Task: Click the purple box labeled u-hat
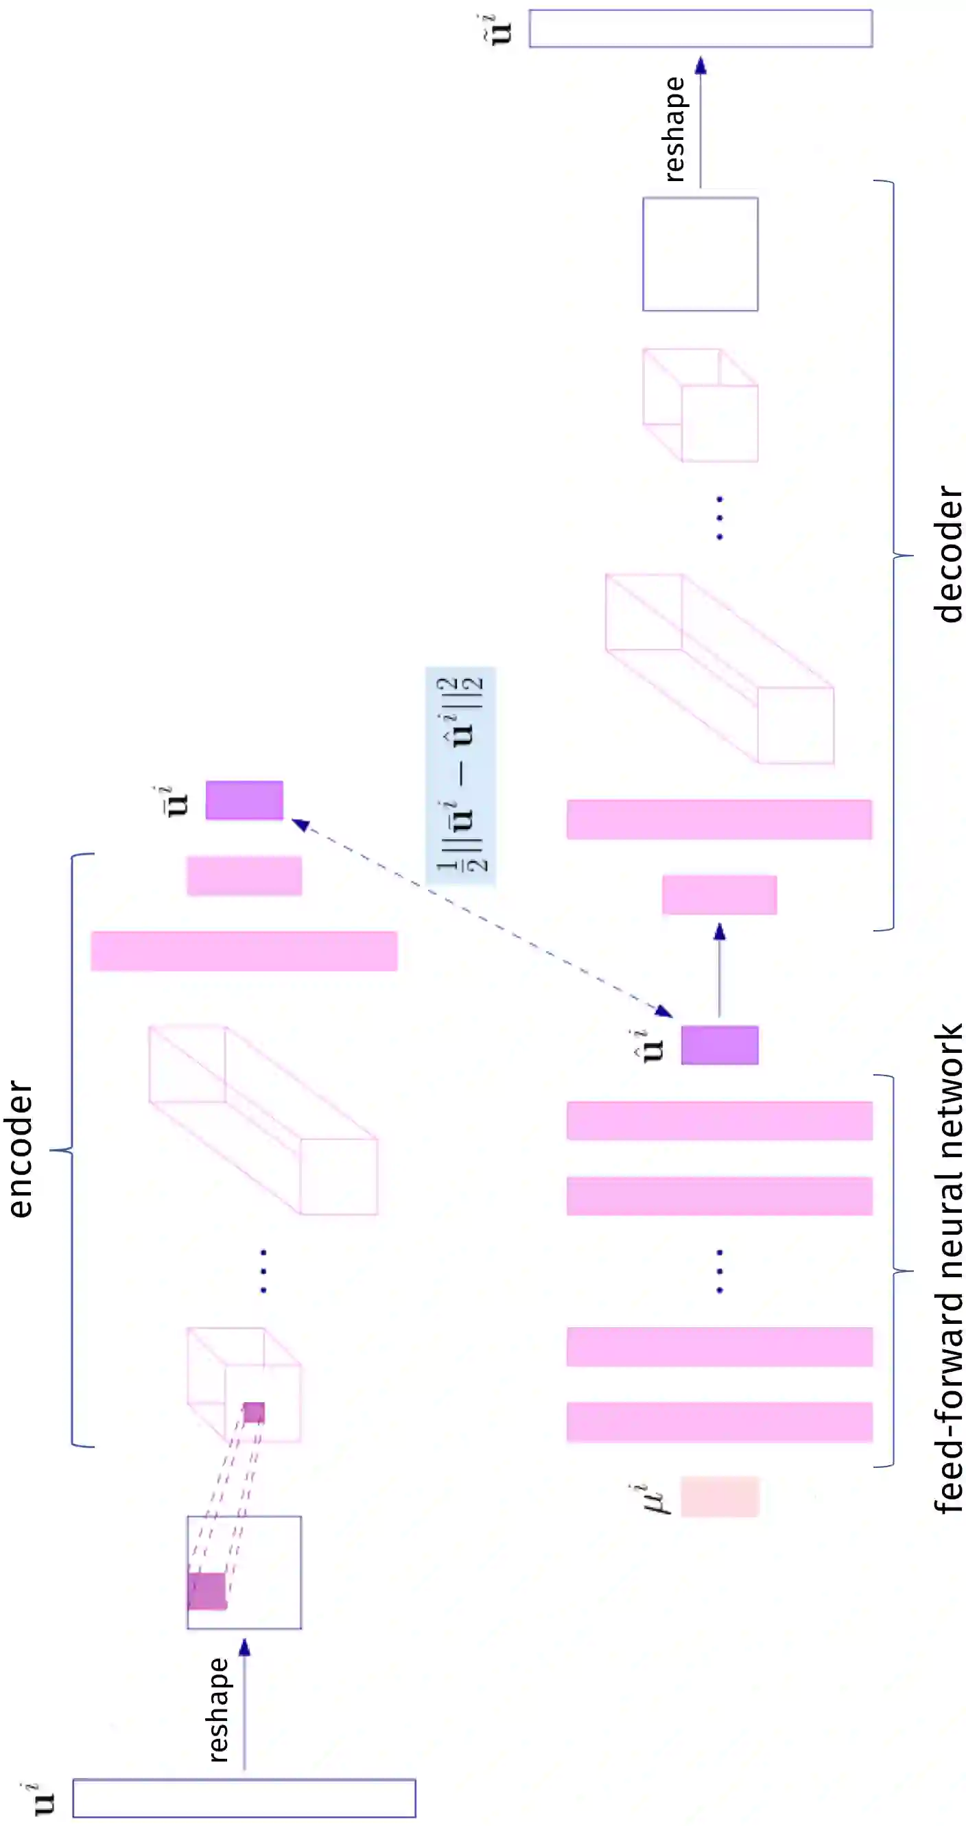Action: pos(720,1045)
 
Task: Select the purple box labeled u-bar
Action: pos(244,800)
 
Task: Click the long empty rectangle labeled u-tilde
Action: pos(700,28)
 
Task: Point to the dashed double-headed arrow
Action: pos(482,918)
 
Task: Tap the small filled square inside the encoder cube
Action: pos(254,1412)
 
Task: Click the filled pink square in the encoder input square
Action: pos(207,1591)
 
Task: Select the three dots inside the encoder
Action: pos(263,1271)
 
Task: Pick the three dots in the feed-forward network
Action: pos(720,1271)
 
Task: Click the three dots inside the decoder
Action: pos(720,518)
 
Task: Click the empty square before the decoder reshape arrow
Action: pos(700,254)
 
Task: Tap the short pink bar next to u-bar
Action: pos(244,875)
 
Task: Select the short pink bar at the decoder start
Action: pos(720,894)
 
